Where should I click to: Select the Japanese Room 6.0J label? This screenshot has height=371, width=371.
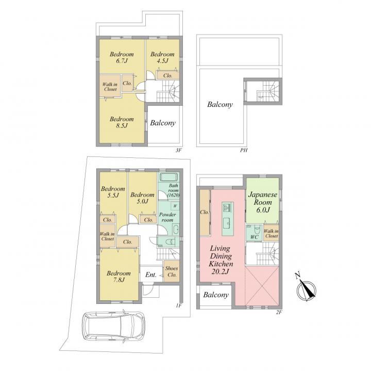tap(262, 202)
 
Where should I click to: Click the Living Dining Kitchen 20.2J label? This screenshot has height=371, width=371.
tap(221, 260)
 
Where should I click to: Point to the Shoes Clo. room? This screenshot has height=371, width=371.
tap(171, 271)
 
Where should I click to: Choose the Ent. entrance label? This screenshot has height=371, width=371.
tap(150, 275)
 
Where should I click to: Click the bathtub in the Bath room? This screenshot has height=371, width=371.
tap(168, 177)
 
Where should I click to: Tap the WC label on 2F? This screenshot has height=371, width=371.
tap(255, 237)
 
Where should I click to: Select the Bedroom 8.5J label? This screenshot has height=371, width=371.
tap(122, 122)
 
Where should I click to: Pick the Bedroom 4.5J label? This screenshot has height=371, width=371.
tap(162, 57)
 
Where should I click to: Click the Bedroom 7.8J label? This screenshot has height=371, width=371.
tap(119, 277)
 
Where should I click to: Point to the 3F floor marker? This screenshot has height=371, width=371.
tap(178, 150)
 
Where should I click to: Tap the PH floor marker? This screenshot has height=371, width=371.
tap(244, 150)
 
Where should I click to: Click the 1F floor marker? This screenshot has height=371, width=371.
tap(178, 305)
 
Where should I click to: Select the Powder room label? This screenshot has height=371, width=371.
tap(167, 217)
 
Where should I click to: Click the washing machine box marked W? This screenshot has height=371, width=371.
tap(175, 206)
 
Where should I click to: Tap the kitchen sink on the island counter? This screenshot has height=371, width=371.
tap(228, 223)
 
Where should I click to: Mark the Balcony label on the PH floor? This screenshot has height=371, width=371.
tap(220, 104)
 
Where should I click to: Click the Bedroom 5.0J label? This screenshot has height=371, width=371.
tap(142, 198)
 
